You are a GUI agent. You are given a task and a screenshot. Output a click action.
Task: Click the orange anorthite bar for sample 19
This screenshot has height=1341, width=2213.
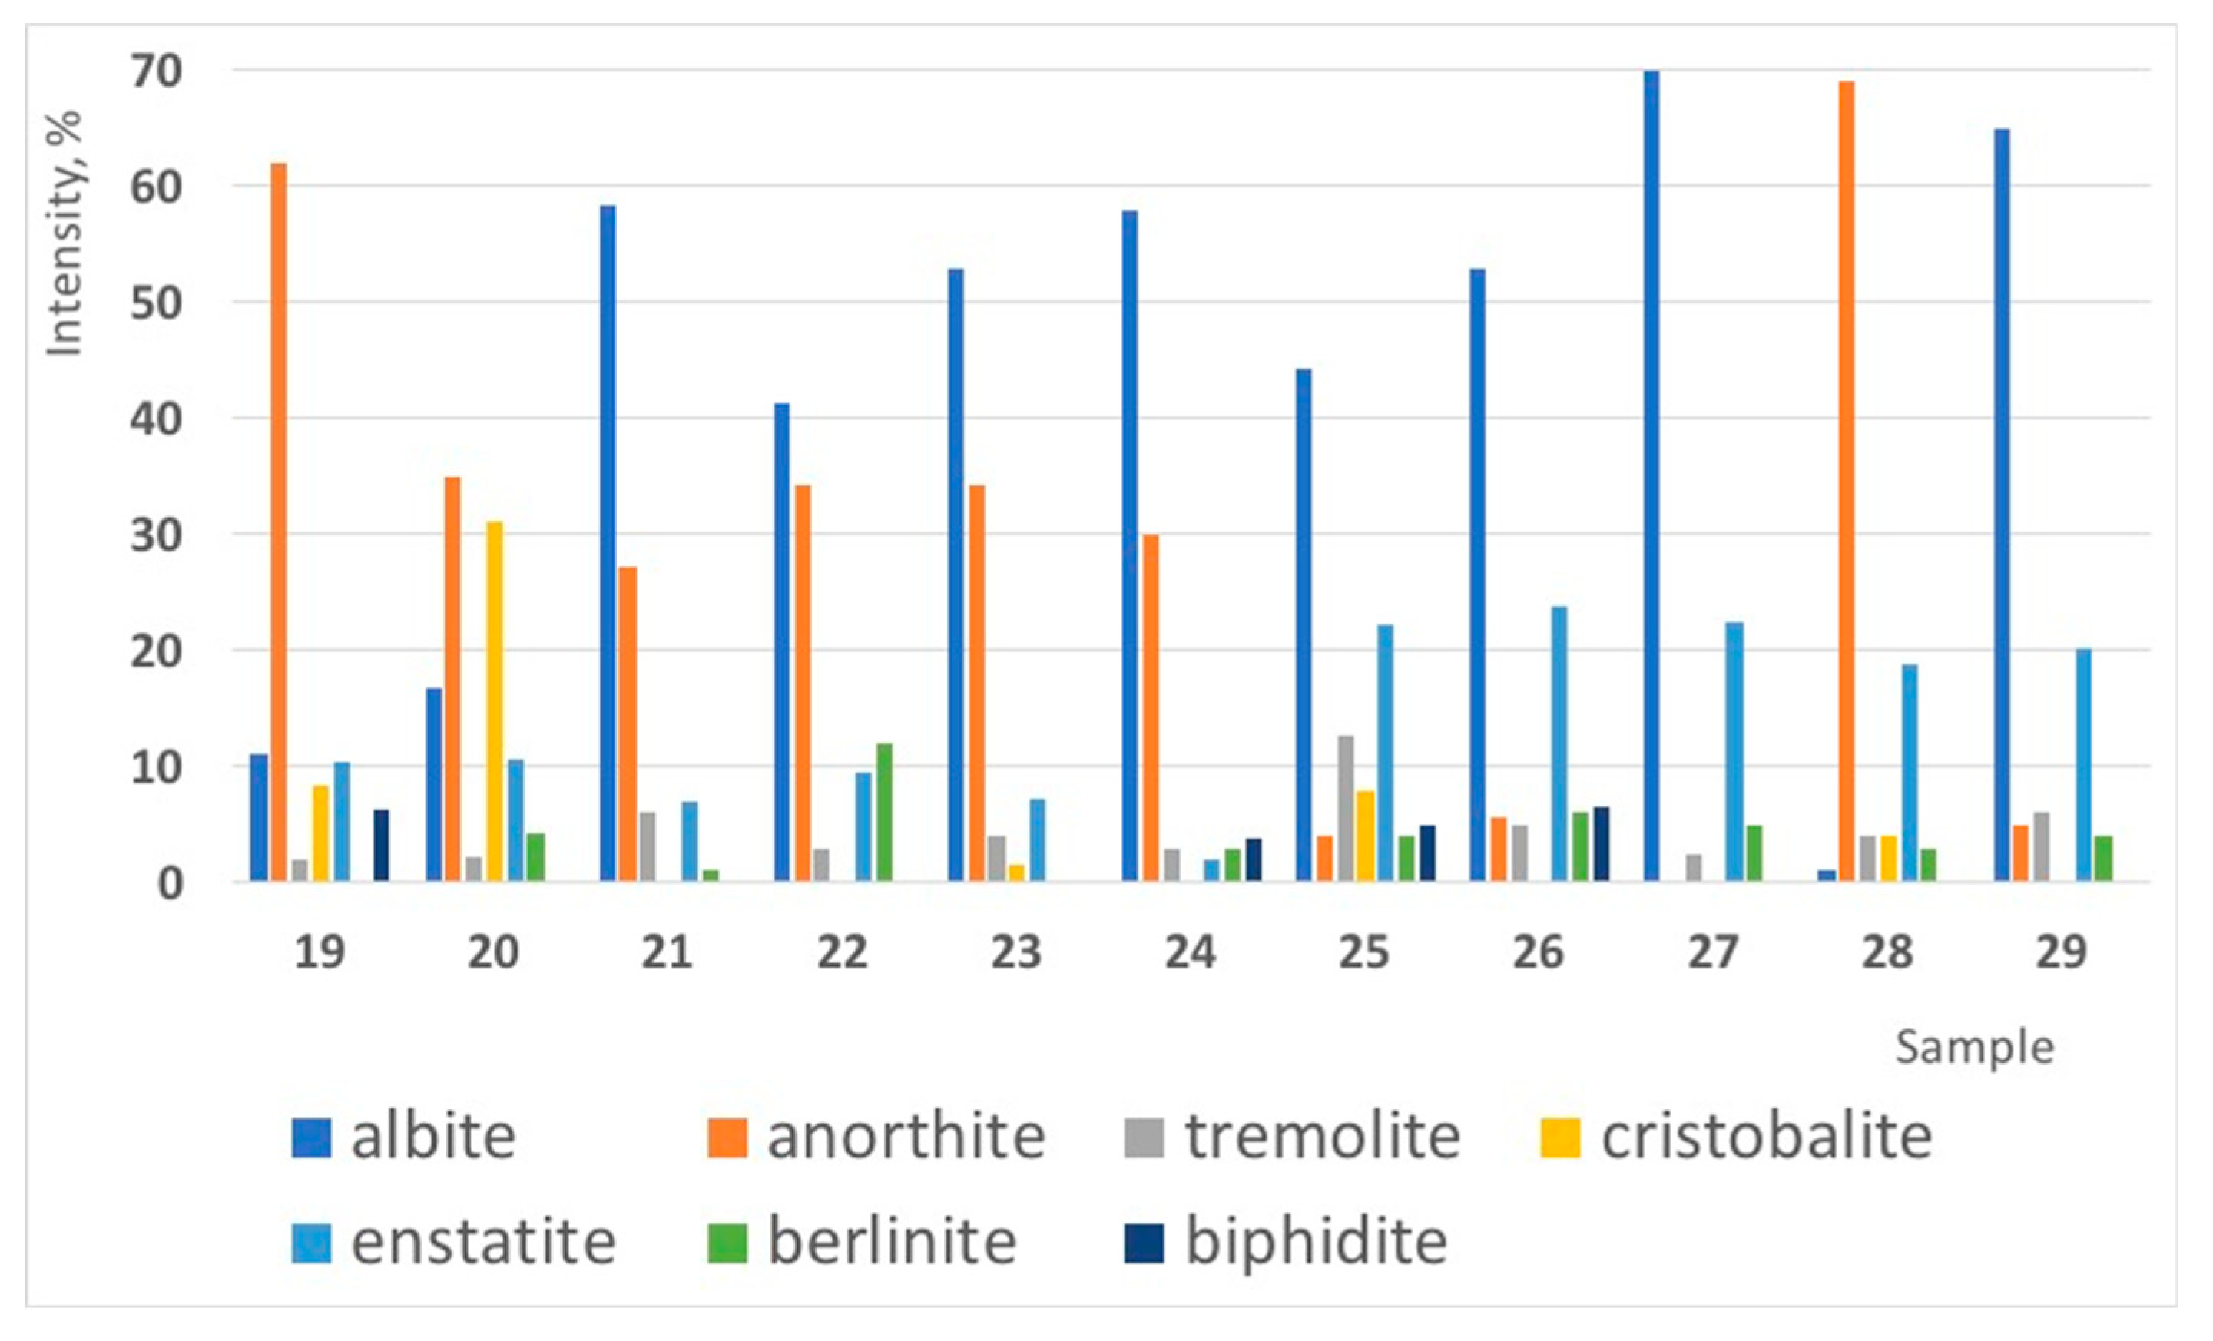point(278,521)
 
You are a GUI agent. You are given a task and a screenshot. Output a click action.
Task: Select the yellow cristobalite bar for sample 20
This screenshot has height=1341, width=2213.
point(494,700)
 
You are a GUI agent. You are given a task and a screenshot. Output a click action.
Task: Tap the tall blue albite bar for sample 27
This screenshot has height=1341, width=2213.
point(1651,476)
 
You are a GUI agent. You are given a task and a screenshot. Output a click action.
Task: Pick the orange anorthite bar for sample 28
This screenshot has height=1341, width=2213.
point(1846,481)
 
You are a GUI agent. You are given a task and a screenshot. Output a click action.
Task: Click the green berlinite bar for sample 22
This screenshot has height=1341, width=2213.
point(884,812)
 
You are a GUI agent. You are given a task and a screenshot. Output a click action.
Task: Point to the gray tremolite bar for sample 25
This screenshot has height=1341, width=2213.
point(1346,809)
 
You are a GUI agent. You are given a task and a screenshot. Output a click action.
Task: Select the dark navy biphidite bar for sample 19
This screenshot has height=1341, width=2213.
point(382,845)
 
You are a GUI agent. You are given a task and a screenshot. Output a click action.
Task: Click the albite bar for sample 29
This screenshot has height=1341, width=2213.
point(2001,503)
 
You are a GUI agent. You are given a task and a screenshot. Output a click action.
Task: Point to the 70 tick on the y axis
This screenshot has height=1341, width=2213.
point(156,72)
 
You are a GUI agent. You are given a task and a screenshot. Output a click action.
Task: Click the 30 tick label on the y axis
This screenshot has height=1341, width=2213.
point(156,536)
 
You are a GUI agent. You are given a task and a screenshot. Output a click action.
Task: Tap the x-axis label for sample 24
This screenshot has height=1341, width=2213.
point(1190,952)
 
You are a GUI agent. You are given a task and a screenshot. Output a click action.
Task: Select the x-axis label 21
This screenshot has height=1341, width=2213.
point(667,952)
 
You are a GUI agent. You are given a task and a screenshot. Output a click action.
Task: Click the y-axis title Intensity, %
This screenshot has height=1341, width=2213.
point(65,233)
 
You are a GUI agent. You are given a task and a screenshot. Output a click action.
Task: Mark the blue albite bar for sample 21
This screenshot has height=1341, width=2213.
point(608,544)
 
